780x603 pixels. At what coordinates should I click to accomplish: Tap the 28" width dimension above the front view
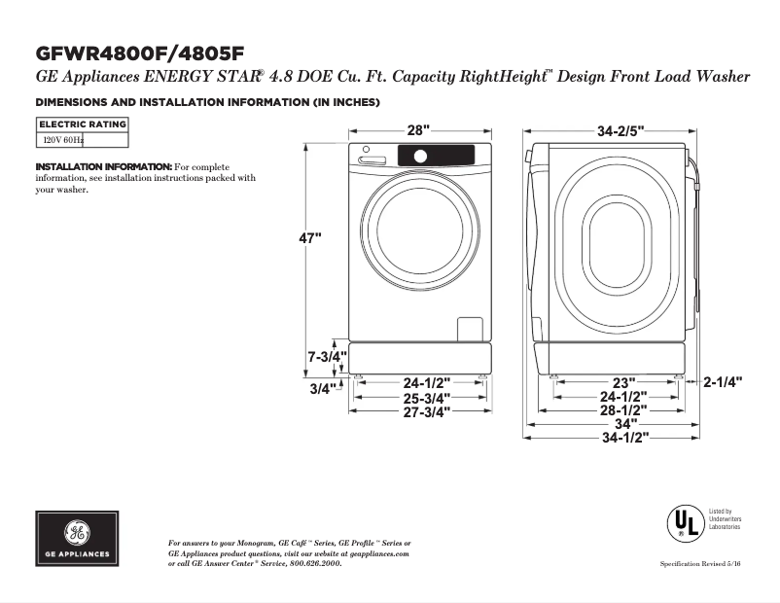pyautogui.click(x=418, y=130)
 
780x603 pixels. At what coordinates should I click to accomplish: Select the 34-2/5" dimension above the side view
pyautogui.click(x=620, y=130)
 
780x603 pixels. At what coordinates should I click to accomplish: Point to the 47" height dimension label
pyautogui.click(x=309, y=238)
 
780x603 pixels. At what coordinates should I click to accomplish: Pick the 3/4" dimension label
pyautogui.click(x=322, y=389)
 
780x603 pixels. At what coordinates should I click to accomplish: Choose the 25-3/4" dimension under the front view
pyautogui.click(x=427, y=398)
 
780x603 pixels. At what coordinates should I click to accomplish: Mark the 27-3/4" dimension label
pyautogui.click(x=427, y=411)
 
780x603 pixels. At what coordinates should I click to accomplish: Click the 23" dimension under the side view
pyautogui.click(x=623, y=382)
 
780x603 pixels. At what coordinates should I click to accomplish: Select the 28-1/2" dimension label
pyautogui.click(x=623, y=410)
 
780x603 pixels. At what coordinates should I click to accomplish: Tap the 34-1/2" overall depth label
pyautogui.click(x=623, y=439)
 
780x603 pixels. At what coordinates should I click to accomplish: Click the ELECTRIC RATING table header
pyautogui.click(x=82, y=124)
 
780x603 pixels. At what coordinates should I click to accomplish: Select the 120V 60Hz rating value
pyautogui.click(x=62, y=140)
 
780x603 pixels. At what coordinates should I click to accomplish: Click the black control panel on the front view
pyautogui.click(x=436, y=155)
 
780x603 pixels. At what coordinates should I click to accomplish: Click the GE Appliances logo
pyautogui.click(x=77, y=539)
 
